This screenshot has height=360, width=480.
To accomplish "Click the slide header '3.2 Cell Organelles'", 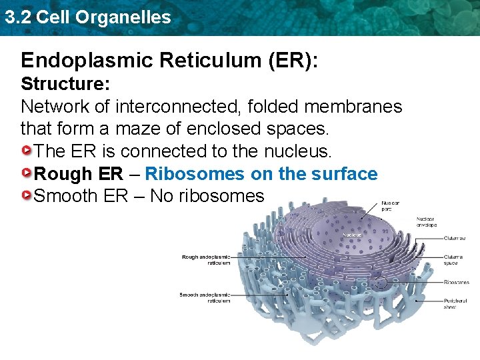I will pyautogui.click(x=87, y=17).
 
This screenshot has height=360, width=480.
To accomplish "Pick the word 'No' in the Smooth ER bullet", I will pyautogui.click(x=161, y=196).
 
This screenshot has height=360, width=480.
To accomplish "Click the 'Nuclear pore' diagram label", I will pyautogui.click(x=391, y=205).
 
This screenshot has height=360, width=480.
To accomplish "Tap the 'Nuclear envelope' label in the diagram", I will pyautogui.click(x=426, y=221).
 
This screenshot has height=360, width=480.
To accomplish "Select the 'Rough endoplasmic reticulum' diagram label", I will pyautogui.click(x=206, y=259).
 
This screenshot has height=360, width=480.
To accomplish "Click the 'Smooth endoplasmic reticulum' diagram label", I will pyautogui.click(x=205, y=297).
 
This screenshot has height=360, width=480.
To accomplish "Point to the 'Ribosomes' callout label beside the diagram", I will pyautogui.click(x=457, y=282).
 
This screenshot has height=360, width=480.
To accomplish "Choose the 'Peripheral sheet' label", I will pyautogui.click(x=456, y=304).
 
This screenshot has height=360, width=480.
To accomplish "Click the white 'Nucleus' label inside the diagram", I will pyautogui.click(x=352, y=235).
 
